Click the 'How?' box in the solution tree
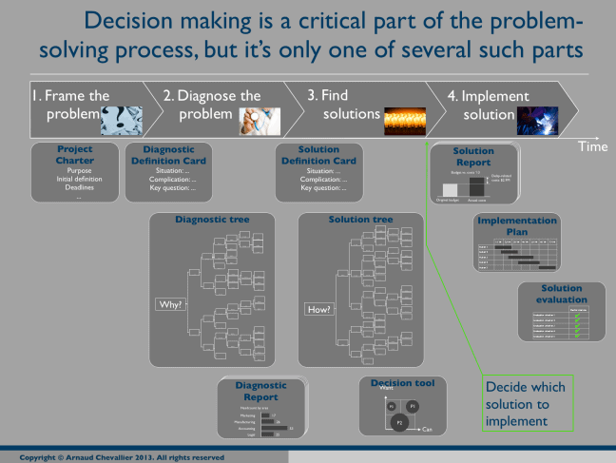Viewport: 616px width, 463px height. [x=318, y=309]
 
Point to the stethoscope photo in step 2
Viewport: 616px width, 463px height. [x=257, y=119]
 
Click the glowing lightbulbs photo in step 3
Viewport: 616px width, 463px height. [x=409, y=118]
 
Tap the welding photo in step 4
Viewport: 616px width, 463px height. [x=537, y=119]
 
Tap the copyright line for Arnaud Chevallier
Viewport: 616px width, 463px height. [x=122, y=456]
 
